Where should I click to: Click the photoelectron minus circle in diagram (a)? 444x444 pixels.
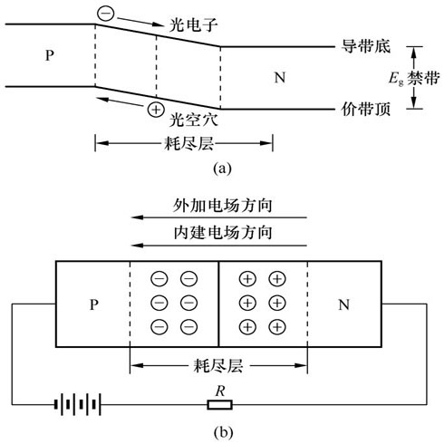pyautogui.click(x=106, y=14)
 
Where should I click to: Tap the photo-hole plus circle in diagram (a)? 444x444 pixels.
pyautogui.click(x=156, y=110)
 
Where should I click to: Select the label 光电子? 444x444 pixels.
pyautogui.click(x=193, y=24)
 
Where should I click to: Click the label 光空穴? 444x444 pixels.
pyautogui.click(x=193, y=120)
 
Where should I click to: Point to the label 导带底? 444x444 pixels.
pyautogui.click(x=366, y=46)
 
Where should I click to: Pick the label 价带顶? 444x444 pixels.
pyautogui.click(x=366, y=109)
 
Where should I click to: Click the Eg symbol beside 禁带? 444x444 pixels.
pyautogui.click(x=396, y=79)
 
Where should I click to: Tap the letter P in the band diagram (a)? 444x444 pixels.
pyautogui.click(x=50, y=55)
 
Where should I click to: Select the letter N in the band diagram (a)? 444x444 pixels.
pyautogui.click(x=280, y=78)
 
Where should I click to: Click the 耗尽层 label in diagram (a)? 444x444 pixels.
pyautogui.click(x=188, y=143)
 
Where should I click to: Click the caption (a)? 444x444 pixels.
pyautogui.click(x=222, y=169)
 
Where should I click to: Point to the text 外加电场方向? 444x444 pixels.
pyautogui.click(x=223, y=206)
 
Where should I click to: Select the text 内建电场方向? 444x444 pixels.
pyautogui.click(x=223, y=233)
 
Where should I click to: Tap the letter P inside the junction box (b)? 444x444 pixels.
pyautogui.click(x=94, y=304)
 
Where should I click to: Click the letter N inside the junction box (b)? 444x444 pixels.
pyautogui.click(x=343, y=304)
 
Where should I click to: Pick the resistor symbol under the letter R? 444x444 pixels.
pyautogui.click(x=220, y=404)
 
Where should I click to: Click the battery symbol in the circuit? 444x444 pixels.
pyautogui.click(x=78, y=404)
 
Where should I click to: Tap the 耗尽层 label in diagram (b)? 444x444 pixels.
pyautogui.click(x=218, y=366)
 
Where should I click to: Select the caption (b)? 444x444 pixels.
pyautogui.click(x=223, y=433)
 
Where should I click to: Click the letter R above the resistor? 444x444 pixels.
pyautogui.click(x=220, y=391)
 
